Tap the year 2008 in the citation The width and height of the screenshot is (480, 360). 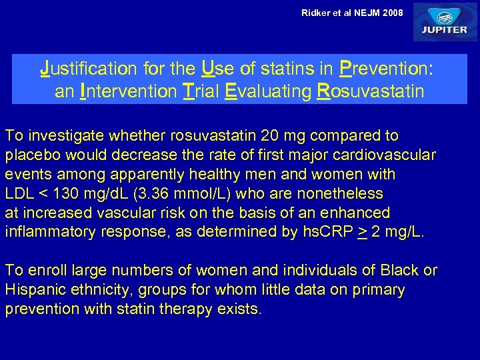[x=391, y=12]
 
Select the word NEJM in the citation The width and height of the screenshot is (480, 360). [x=364, y=12]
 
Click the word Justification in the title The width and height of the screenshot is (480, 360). [x=86, y=68]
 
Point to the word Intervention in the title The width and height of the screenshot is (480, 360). [x=127, y=91]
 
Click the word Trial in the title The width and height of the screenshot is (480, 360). [x=201, y=91]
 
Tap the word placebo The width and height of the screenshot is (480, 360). [x=30, y=155]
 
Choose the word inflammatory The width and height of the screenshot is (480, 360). [x=53, y=233]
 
